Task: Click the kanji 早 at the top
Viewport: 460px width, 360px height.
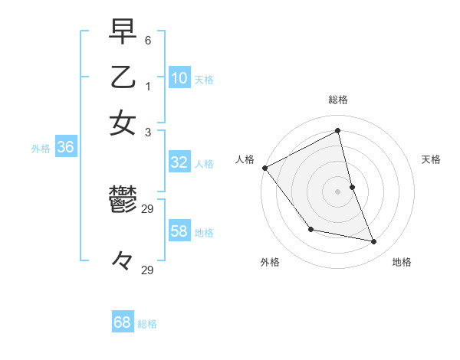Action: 123,31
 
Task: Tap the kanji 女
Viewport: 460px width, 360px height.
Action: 123,123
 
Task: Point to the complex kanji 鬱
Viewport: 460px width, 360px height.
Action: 123,201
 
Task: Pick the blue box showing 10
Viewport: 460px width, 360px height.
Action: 179,78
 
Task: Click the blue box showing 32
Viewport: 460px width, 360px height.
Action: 179,162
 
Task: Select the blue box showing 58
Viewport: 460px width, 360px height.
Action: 179,231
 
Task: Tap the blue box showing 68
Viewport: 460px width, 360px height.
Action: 123,322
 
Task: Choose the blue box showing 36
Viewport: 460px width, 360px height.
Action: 65,148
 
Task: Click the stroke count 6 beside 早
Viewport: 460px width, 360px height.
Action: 147,38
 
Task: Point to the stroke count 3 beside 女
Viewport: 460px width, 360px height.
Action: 147,131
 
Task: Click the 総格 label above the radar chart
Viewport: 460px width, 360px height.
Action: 338,100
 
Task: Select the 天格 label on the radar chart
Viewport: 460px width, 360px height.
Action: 431,159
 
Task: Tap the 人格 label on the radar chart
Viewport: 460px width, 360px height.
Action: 245,159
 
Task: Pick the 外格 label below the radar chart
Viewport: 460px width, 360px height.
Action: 270,262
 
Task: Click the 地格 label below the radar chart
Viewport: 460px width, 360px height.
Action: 402,262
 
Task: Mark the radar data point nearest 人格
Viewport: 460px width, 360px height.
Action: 264,168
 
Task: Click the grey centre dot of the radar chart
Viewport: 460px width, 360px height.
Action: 338,191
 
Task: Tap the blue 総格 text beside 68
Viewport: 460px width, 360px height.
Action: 147,324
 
